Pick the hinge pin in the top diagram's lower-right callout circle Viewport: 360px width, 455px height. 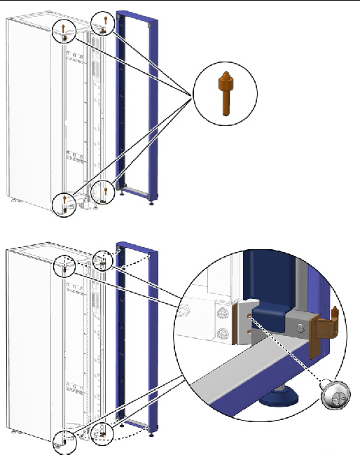(x=104, y=190)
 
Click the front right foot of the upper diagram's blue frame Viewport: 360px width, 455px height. (x=152, y=206)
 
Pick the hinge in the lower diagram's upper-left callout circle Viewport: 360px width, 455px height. (x=64, y=267)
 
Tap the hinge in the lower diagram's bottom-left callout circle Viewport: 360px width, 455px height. (x=64, y=441)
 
